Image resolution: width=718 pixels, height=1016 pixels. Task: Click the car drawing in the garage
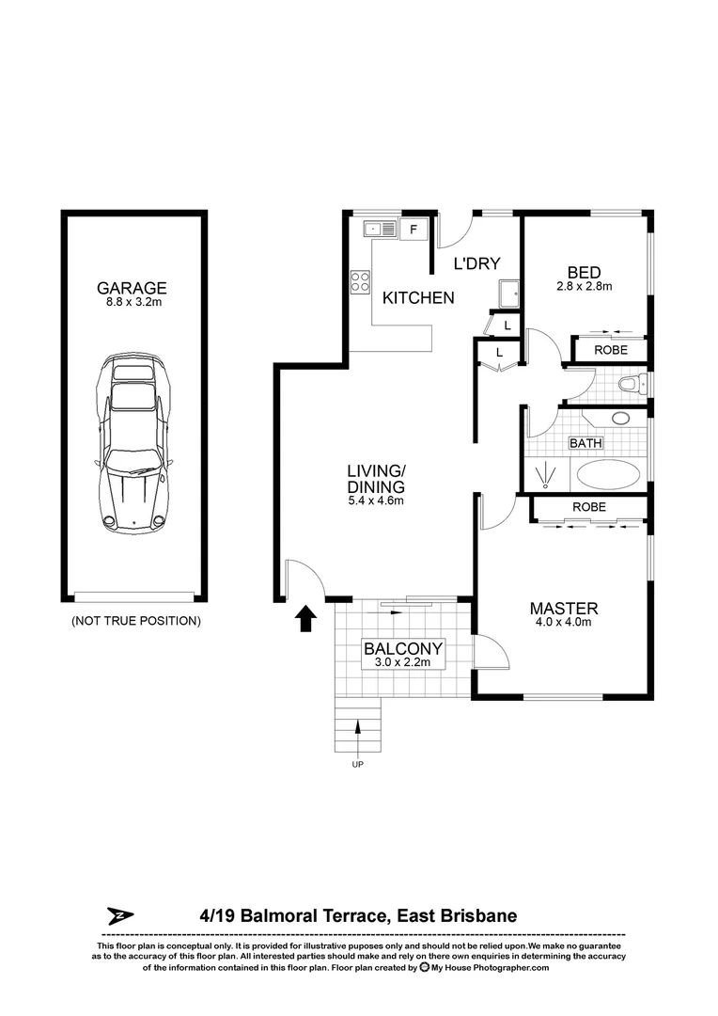133,443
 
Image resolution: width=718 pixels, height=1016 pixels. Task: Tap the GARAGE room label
133,289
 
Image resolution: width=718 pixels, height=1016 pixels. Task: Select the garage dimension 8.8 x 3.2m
133,304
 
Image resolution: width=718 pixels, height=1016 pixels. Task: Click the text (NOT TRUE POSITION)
135,621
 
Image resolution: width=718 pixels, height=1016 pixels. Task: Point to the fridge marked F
414,228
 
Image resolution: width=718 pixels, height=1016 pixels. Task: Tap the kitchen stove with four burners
361,280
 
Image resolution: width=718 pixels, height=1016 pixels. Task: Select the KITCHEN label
418,298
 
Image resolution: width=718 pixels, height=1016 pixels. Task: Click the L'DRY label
477,264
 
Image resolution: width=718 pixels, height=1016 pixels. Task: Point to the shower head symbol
544,475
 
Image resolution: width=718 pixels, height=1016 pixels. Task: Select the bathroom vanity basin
621,419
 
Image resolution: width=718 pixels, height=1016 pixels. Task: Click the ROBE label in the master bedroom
589,507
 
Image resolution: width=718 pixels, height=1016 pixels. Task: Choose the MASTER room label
563,609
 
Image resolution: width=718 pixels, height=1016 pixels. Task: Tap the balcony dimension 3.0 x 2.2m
403,663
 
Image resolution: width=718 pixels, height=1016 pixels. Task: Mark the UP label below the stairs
357,765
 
